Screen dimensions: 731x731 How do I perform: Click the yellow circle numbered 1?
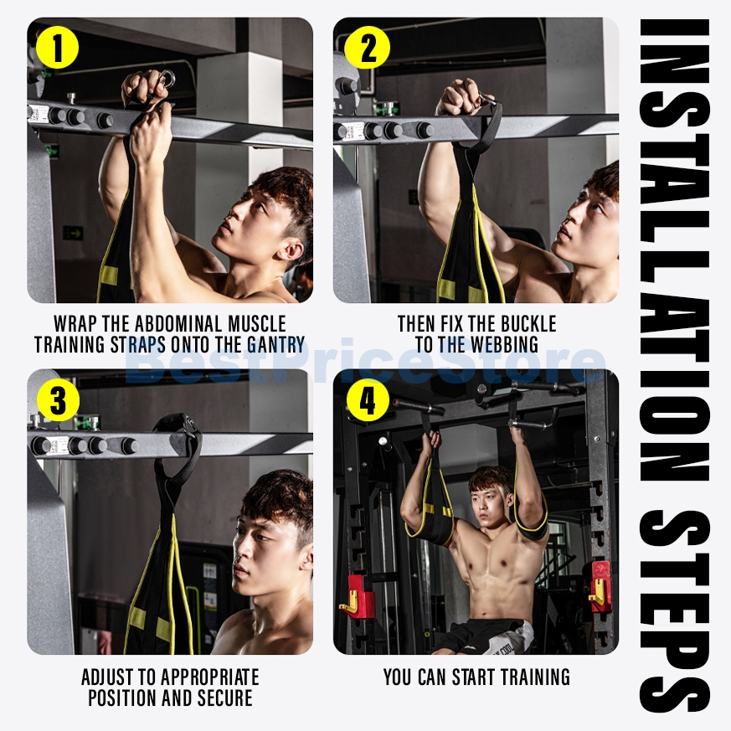point(57,48)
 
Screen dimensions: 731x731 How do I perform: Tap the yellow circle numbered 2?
point(368,48)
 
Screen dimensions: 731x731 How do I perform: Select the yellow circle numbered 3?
point(58,400)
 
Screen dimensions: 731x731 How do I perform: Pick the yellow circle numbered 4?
point(368,400)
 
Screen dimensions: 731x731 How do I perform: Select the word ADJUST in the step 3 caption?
point(105,677)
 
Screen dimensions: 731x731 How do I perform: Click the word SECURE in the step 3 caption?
point(225,698)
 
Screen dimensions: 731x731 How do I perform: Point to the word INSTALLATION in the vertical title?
point(674,252)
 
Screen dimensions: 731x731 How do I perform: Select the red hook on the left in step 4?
point(357,595)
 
